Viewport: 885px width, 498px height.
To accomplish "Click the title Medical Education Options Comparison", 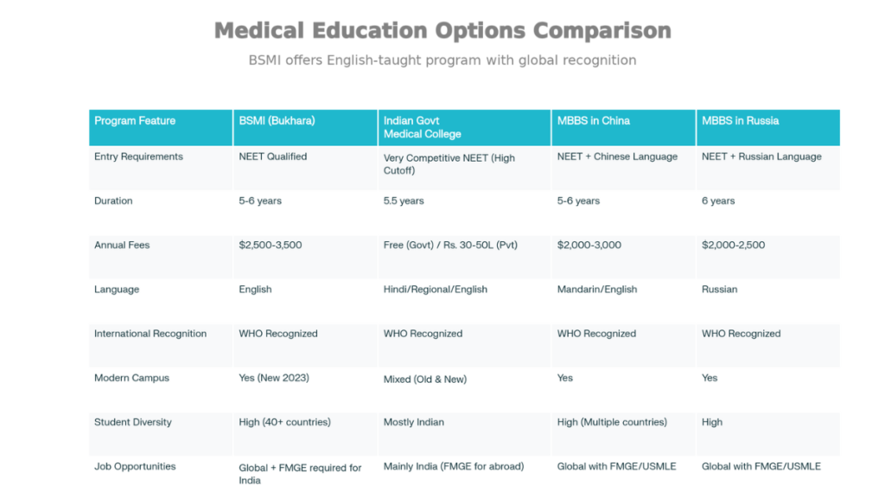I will [442, 30].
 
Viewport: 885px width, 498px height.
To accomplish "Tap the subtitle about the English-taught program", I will [442, 61].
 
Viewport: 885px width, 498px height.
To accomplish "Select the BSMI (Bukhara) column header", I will [277, 121].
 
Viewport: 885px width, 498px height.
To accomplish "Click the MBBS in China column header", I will [593, 121].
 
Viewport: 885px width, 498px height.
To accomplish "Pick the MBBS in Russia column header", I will [740, 121].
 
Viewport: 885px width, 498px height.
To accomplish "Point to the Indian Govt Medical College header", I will [423, 127].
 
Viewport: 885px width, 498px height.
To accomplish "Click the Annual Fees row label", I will [122, 246].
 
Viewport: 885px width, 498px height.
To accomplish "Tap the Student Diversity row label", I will [133, 423].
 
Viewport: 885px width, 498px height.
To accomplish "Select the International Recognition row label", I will [150, 334].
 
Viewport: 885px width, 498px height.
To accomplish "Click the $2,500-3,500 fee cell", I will [271, 246].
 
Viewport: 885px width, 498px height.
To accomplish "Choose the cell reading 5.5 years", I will [404, 201].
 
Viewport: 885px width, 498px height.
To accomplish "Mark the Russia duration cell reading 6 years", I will [718, 201].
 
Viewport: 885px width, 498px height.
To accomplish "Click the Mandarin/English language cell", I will [597, 290].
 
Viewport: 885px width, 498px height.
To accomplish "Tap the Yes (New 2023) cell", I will [274, 378].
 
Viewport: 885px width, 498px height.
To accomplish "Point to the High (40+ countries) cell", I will [284, 423].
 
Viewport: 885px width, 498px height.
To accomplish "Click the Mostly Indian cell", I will [414, 423].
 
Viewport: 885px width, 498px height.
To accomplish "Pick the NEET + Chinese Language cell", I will [617, 157].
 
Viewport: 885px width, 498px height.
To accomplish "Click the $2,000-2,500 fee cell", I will [733, 246].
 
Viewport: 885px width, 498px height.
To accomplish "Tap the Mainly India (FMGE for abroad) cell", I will [454, 467].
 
